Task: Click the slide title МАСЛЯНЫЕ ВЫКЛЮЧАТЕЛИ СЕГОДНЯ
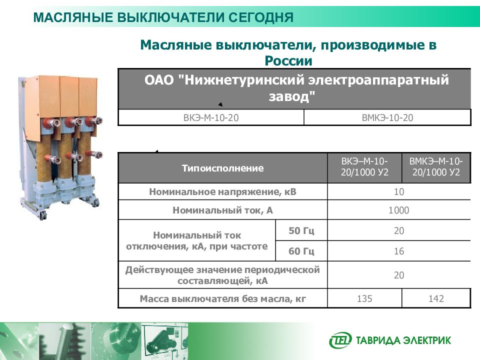[x=163, y=18]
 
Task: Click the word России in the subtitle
[x=288, y=61]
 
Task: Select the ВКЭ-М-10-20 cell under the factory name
[x=210, y=117]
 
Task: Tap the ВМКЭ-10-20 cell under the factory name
[x=387, y=117]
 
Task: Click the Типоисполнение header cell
[x=222, y=168]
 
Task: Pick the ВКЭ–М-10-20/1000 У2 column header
[x=364, y=168]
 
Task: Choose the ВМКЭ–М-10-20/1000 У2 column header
[x=436, y=168]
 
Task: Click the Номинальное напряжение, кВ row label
[x=222, y=192]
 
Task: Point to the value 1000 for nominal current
[x=398, y=210]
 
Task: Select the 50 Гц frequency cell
[x=301, y=231]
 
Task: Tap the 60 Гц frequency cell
[x=301, y=251]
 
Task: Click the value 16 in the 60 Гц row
[x=398, y=251]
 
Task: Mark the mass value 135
[x=364, y=299]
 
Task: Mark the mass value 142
[x=436, y=299]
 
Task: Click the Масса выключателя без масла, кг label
[x=222, y=299]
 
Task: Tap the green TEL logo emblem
[x=340, y=340]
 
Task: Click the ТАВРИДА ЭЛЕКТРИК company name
[x=403, y=341]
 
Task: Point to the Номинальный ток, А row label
[x=222, y=210]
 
